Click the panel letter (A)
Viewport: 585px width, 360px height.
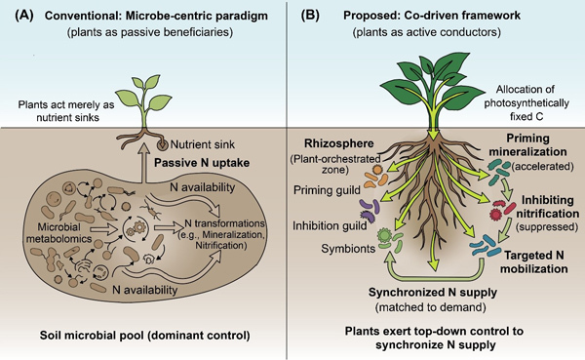coord(24,16)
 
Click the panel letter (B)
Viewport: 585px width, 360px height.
coord(310,16)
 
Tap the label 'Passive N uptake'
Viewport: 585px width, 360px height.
coord(202,163)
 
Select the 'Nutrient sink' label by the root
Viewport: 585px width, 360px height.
coord(203,144)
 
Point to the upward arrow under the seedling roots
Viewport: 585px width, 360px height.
coord(141,163)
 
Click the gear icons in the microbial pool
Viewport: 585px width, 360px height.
coord(136,227)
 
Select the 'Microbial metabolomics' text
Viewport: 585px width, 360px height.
coord(58,232)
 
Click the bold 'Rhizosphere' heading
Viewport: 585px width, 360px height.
coord(338,143)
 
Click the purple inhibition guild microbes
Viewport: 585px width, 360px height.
coord(370,209)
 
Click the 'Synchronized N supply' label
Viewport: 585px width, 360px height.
coord(433,292)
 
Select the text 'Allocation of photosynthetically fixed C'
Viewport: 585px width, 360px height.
coord(526,102)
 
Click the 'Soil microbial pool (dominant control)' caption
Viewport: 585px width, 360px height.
coord(144,335)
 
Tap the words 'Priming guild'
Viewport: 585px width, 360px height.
coord(327,190)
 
